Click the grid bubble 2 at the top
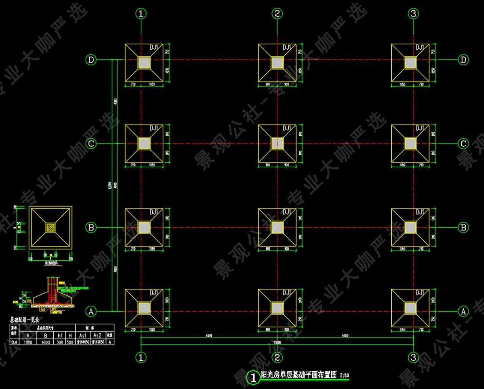(x=277, y=14)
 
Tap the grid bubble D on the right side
(x=464, y=60)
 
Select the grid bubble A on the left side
(x=91, y=311)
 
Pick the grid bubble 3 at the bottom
(x=413, y=357)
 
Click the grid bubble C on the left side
(x=91, y=144)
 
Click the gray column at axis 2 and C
(x=277, y=144)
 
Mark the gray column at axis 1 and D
(x=144, y=62)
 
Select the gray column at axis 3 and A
(x=410, y=307)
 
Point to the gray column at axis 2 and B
(x=277, y=227)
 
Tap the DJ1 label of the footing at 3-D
(x=420, y=48)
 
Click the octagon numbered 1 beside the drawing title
(x=252, y=377)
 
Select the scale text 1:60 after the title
(x=344, y=376)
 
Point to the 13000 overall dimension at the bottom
(x=277, y=342)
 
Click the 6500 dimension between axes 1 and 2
(x=208, y=336)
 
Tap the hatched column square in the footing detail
(x=50, y=227)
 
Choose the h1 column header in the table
(x=60, y=335)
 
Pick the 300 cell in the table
(x=60, y=342)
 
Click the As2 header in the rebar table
(x=97, y=335)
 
